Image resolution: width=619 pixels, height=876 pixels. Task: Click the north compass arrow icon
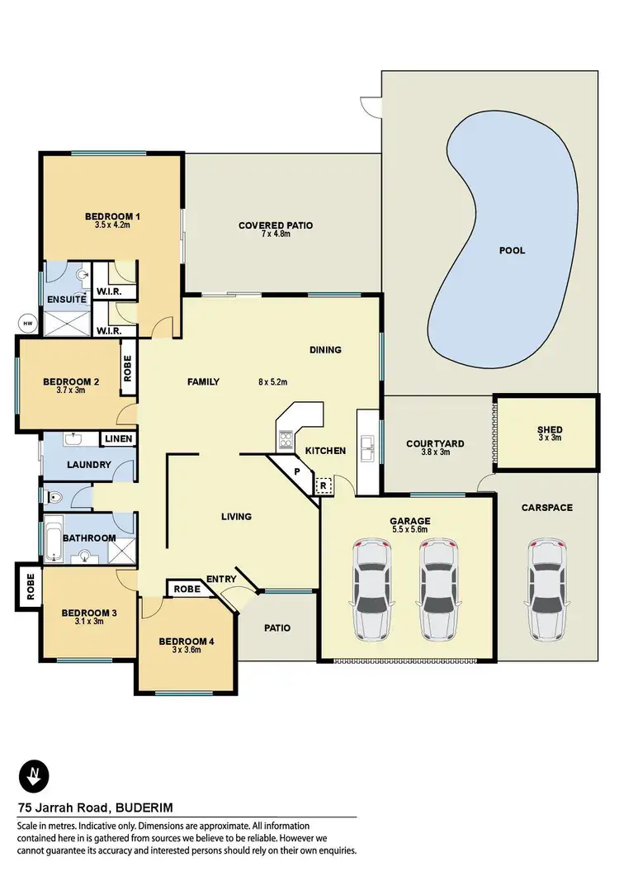pos(34,777)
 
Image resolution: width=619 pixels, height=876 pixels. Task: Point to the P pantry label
pos(297,471)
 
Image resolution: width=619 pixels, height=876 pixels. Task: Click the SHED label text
pos(550,429)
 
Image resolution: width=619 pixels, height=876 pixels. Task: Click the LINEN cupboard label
pos(117,438)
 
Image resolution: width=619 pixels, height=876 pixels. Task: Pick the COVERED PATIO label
pos(276,225)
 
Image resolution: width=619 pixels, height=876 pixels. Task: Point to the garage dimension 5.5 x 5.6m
pos(410,531)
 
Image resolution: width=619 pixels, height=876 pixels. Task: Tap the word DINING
pos(325,350)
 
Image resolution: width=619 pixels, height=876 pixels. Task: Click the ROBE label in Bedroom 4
pos(187,590)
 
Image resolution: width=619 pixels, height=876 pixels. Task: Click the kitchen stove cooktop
pos(286,438)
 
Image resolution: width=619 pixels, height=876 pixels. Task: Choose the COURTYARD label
pos(435,443)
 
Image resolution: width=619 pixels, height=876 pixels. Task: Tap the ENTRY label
pos(222,580)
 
